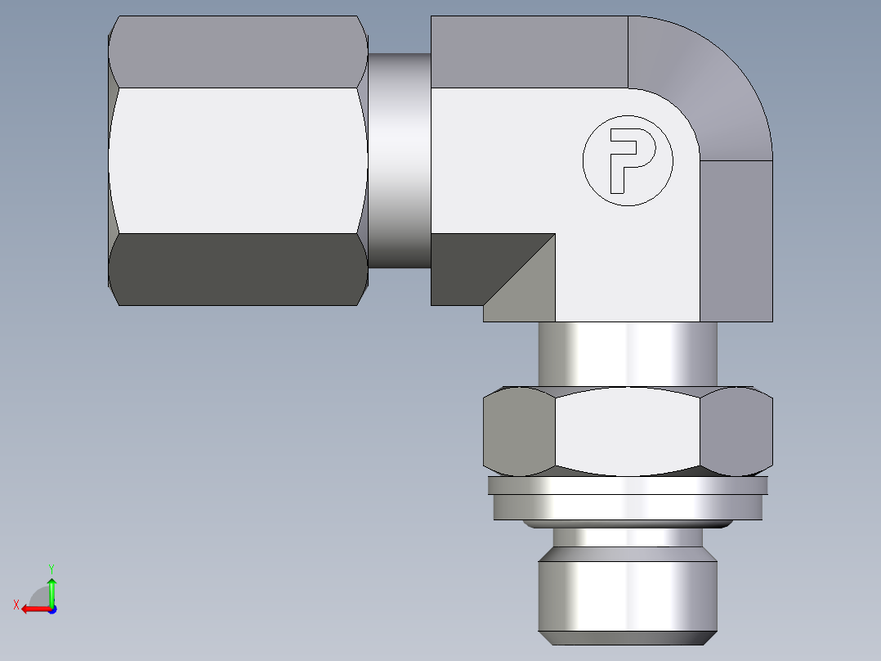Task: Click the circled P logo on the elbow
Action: pyautogui.click(x=628, y=161)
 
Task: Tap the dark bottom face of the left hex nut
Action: pyautogui.click(x=237, y=269)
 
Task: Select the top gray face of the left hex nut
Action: pyautogui.click(x=237, y=52)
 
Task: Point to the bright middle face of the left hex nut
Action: pyautogui.click(x=237, y=160)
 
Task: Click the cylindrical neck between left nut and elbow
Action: pyautogui.click(x=399, y=160)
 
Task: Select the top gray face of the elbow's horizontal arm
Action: pyautogui.click(x=528, y=52)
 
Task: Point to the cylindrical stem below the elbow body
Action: pyautogui.click(x=628, y=353)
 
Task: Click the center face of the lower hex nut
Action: pyautogui.click(x=628, y=431)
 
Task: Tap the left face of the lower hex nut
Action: pyautogui.click(x=519, y=431)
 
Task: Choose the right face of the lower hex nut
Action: pyautogui.click(x=736, y=431)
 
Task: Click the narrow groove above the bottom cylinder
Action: pyautogui.click(x=628, y=537)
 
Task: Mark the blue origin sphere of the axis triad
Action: pyautogui.click(x=51, y=609)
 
